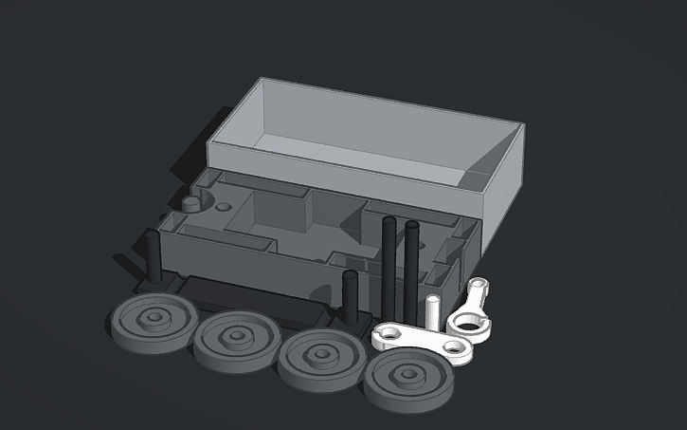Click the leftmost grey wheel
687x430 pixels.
152,321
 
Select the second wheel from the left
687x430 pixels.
235,338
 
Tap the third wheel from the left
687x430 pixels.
322,358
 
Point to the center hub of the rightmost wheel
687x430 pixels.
410,376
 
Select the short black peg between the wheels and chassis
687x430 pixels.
350,296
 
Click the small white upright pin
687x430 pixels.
433,312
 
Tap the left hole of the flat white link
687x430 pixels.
389,334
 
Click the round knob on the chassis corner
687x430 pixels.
190,204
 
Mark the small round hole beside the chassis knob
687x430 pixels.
224,206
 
